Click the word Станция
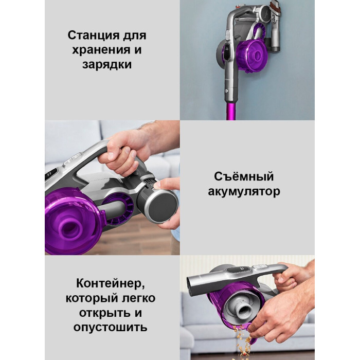click(x=94, y=35)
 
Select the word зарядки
click(x=107, y=64)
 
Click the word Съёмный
click(x=244, y=176)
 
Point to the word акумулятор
click(x=244, y=191)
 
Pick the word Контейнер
click(x=111, y=283)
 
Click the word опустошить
click(x=110, y=327)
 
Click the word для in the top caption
click(x=135, y=36)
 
